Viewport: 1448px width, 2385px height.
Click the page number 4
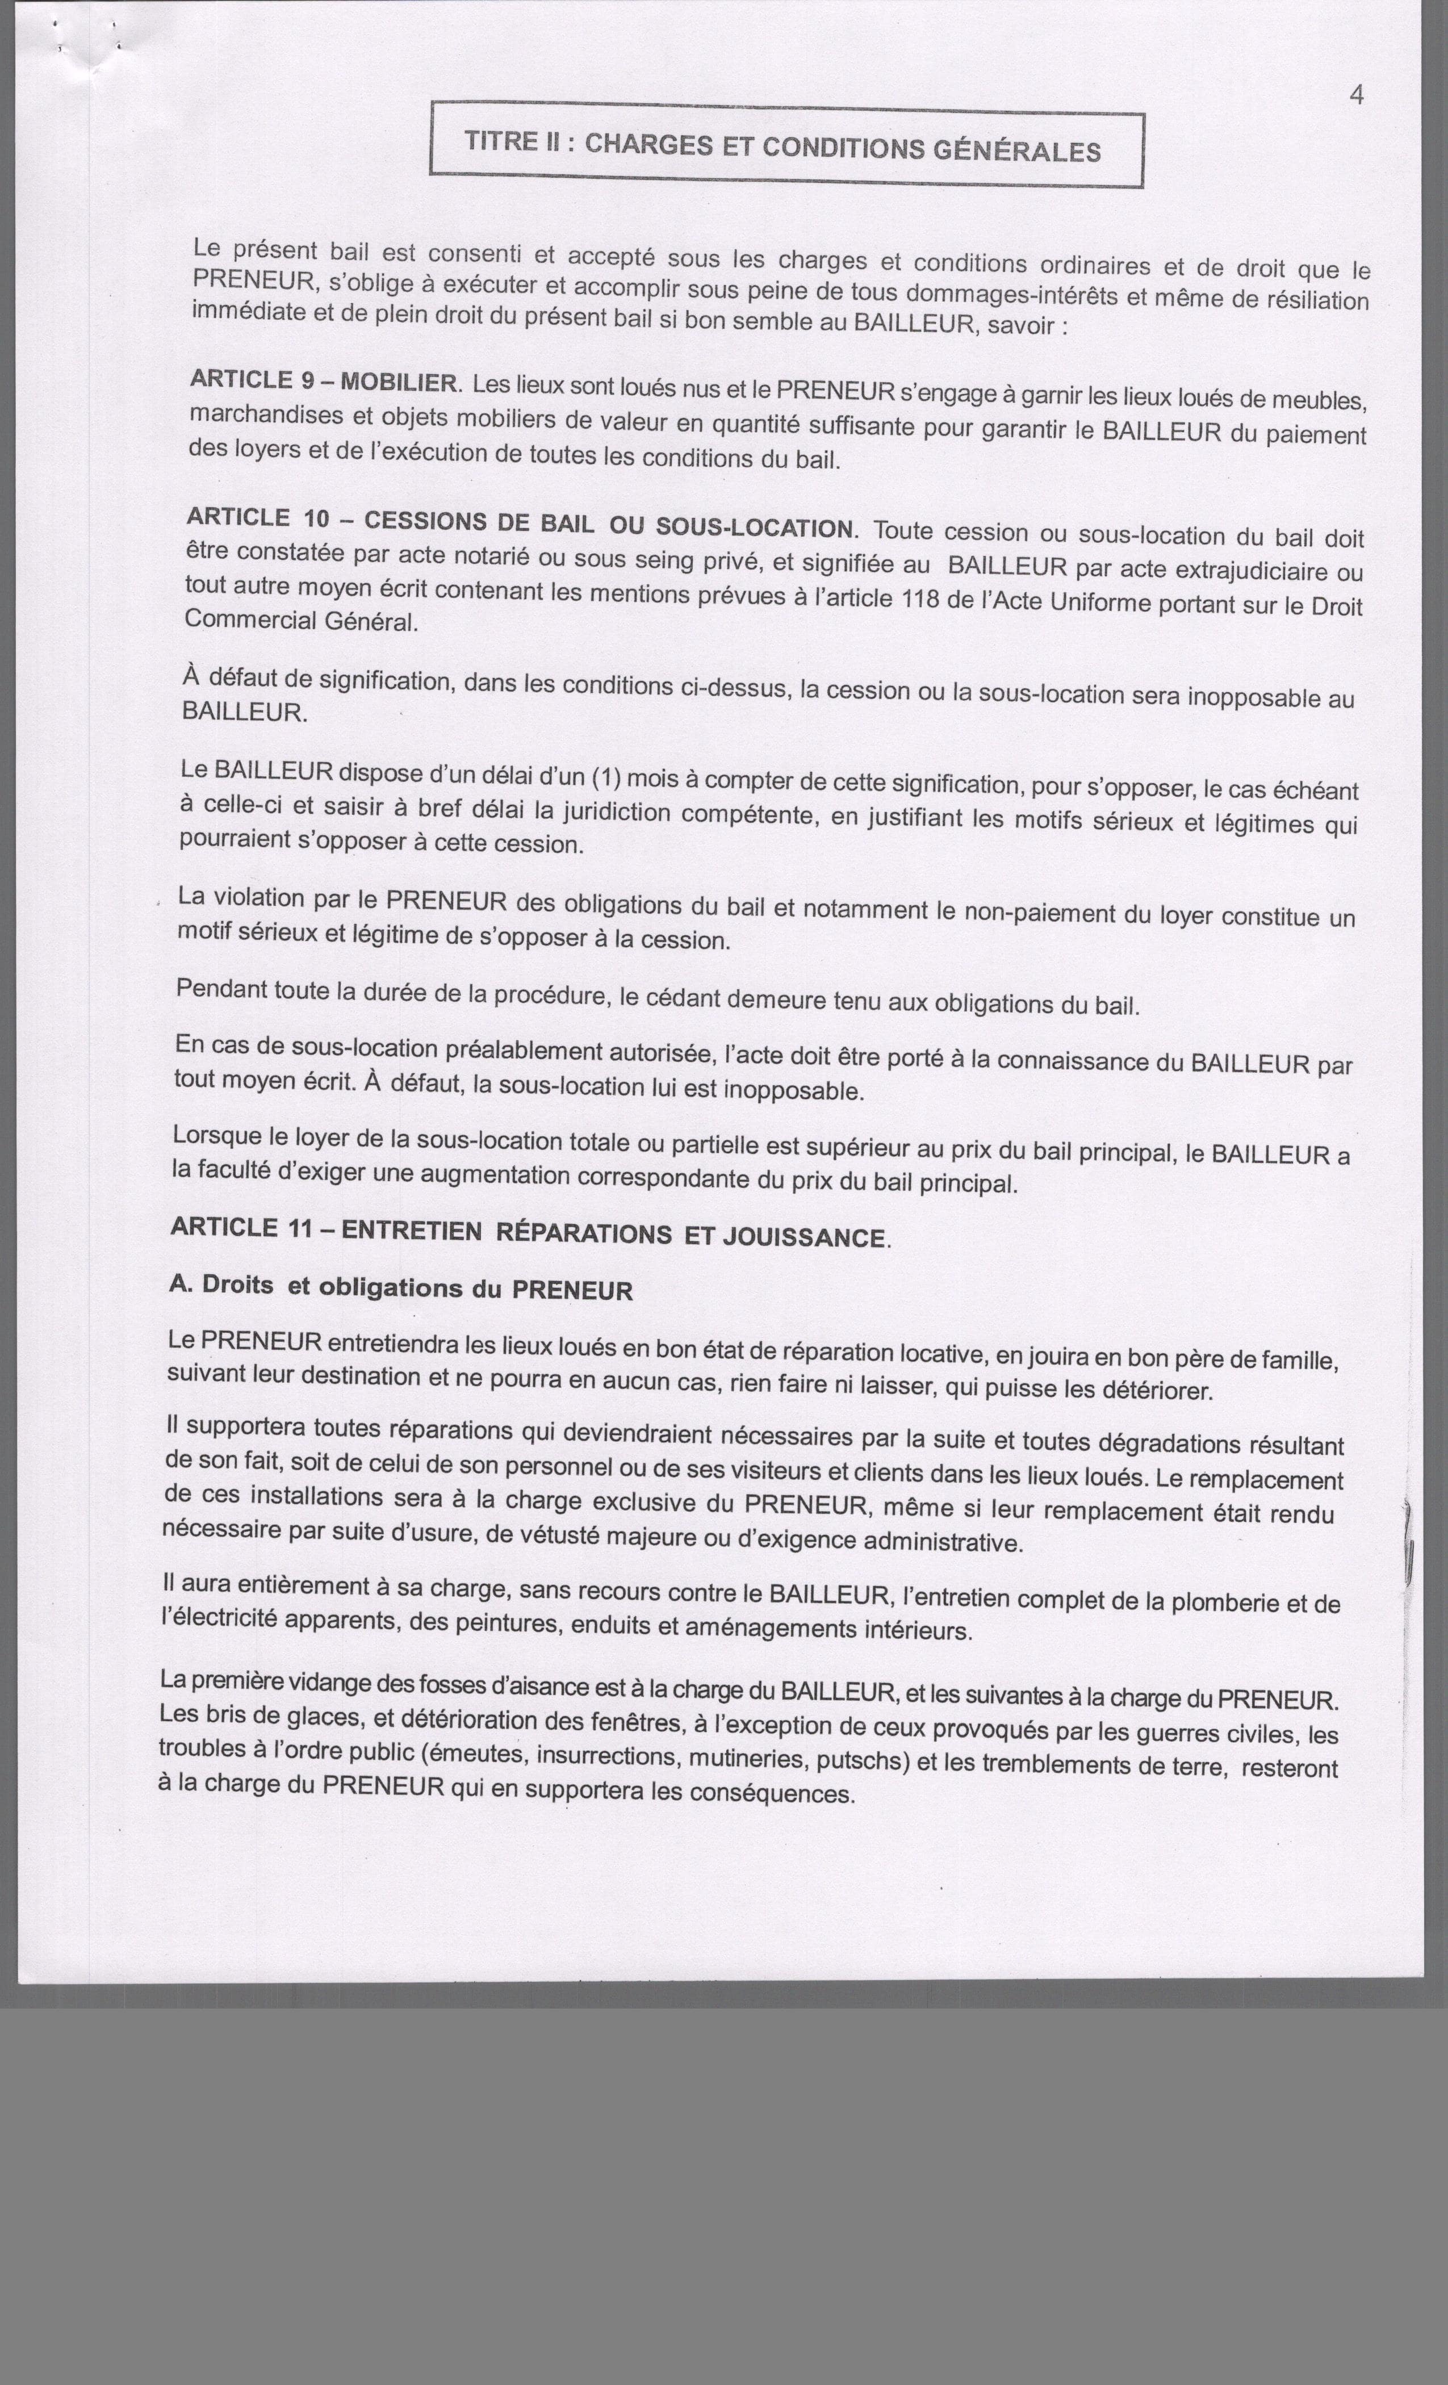coord(1356,95)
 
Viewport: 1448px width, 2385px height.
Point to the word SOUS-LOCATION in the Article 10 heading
coord(755,528)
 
